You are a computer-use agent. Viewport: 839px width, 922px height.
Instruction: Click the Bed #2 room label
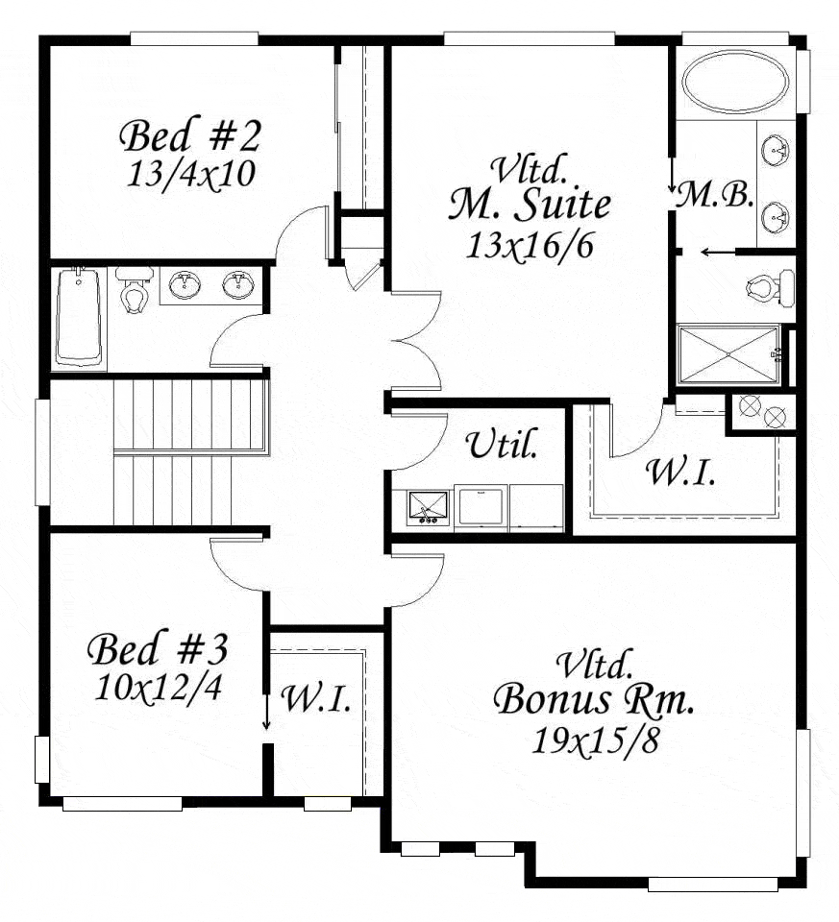point(189,135)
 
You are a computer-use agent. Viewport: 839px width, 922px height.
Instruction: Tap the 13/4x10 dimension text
point(190,174)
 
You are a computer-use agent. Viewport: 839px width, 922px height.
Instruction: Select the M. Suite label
point(530,205)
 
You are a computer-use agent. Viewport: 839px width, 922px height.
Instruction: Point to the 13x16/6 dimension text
point(530,245)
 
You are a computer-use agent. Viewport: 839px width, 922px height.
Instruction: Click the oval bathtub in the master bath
point(735,81)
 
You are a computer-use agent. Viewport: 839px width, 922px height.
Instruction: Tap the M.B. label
point(714,195)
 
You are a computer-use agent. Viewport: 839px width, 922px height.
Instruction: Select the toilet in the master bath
point(770,287)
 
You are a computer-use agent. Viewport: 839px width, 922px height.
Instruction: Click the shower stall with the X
point(728,354)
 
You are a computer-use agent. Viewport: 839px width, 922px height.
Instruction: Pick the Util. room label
point(503,444)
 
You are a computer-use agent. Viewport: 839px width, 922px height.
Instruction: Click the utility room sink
point(428,507)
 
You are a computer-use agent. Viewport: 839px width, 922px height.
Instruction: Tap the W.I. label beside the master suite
point(680,472)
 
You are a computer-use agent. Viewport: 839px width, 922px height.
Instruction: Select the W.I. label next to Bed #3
point(316,698)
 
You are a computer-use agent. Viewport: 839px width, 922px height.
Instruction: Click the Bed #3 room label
point(157,649)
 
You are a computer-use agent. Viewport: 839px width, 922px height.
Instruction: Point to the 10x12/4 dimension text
point(159,687)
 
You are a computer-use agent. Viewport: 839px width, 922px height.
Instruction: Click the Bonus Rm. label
point(594,700)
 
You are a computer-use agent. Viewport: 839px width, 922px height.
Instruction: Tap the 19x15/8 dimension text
point(594,740)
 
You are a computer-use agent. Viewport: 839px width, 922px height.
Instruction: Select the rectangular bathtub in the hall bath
point(80,318)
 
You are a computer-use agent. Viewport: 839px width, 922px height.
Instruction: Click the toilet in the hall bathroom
point(135,289)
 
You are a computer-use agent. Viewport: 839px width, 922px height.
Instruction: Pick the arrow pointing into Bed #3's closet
point(266,711)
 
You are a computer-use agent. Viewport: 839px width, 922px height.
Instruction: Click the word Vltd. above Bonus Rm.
point(595,664)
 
